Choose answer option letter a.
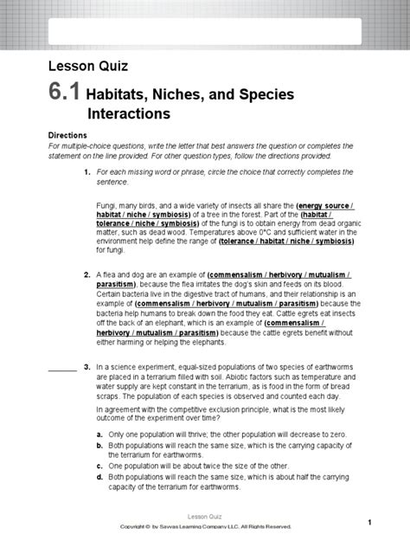tap(100, 433)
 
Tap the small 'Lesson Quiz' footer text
tap(205, 515)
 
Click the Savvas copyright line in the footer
tap(205, 526)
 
